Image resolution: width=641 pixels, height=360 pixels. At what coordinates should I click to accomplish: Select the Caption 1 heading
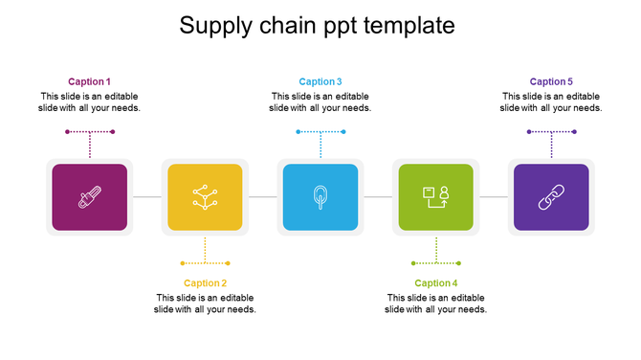89,81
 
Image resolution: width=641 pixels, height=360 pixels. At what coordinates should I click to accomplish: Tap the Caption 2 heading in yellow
205,282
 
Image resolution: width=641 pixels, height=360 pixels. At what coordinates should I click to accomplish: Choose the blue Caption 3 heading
320,81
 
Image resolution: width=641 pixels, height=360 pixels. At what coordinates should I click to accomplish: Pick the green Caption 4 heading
435,282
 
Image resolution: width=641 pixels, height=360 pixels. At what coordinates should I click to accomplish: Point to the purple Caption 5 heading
551,81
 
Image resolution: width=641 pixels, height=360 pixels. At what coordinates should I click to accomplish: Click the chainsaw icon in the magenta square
89,197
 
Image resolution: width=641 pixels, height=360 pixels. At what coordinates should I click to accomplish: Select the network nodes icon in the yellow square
205,197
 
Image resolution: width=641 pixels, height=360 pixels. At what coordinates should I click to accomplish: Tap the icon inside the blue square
320,197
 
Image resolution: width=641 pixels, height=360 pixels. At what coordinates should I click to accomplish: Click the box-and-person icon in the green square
435,197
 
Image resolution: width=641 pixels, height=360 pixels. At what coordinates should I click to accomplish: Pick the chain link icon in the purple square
551,197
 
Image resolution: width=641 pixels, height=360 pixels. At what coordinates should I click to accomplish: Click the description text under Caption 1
89,101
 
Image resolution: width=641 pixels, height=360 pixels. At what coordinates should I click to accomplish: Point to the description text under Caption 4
435,303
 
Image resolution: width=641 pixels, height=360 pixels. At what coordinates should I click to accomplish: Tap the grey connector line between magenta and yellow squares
146,197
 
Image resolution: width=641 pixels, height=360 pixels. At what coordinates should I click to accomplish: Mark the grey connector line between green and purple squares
494,197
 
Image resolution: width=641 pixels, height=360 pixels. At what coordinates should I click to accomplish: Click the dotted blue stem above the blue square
320,146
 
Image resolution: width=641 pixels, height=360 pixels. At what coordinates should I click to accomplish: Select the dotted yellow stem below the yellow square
205,250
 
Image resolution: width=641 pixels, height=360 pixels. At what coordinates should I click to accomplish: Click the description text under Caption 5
551,101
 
